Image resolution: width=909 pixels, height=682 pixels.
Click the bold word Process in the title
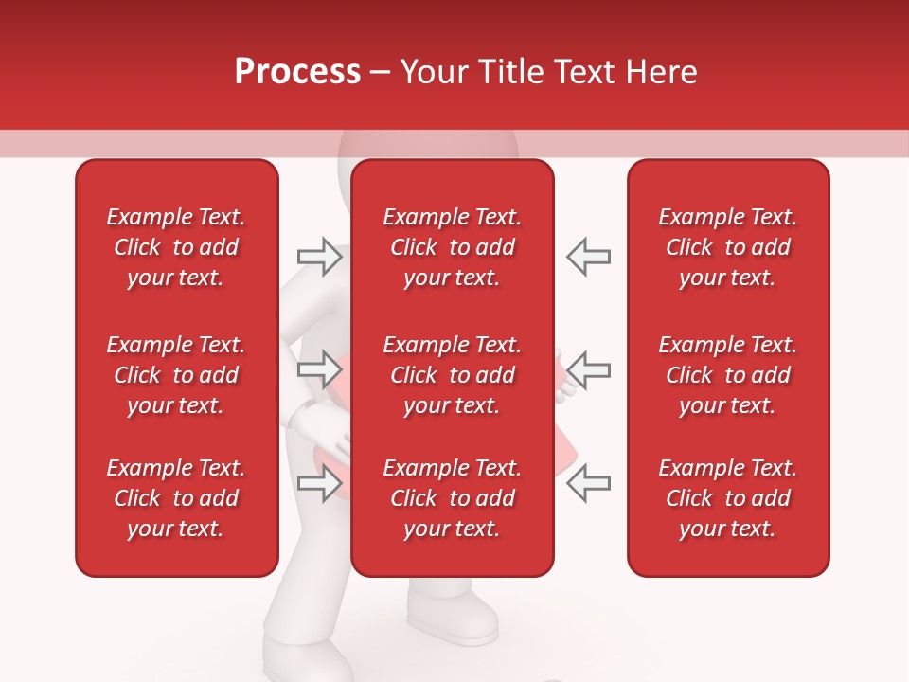click(x=297, y=72)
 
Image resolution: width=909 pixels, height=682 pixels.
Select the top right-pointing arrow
click(x=319, y=257)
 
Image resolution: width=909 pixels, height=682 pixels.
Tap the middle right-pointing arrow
click(x=319, y=368)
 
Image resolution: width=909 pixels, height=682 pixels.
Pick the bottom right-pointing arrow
click(x=319, y=484)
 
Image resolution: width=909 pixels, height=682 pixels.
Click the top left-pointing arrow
click(x=589, y=257)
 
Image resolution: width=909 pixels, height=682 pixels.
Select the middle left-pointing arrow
click(x=589, y=368)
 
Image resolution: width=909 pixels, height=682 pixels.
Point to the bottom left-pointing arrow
click(x=589, y=484)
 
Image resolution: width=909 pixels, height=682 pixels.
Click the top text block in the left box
click(x=176, y=247)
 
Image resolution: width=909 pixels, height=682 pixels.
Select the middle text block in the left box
click(x=176, y=375)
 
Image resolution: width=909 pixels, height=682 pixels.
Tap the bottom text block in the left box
click(x=176, y=498)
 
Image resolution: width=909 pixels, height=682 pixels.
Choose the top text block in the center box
click(x=452, y=247)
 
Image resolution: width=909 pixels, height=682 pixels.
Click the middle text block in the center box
click(x=452, y=375)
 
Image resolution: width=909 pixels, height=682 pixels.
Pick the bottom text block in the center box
click(x=452, y=498)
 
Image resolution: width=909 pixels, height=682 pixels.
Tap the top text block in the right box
click(x=727, y=247)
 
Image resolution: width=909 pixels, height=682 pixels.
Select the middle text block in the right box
click(x=727, y=375)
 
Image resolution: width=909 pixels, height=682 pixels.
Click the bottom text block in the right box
click(x=727, y=498)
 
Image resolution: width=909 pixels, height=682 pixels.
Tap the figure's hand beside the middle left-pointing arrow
click(x=564, y=374)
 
